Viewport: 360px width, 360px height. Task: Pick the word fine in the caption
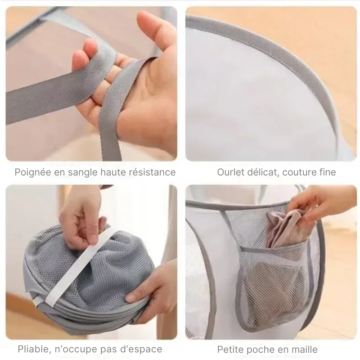328,172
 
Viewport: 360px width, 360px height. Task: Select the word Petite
231,350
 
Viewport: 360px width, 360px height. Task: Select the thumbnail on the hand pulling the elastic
93,239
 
